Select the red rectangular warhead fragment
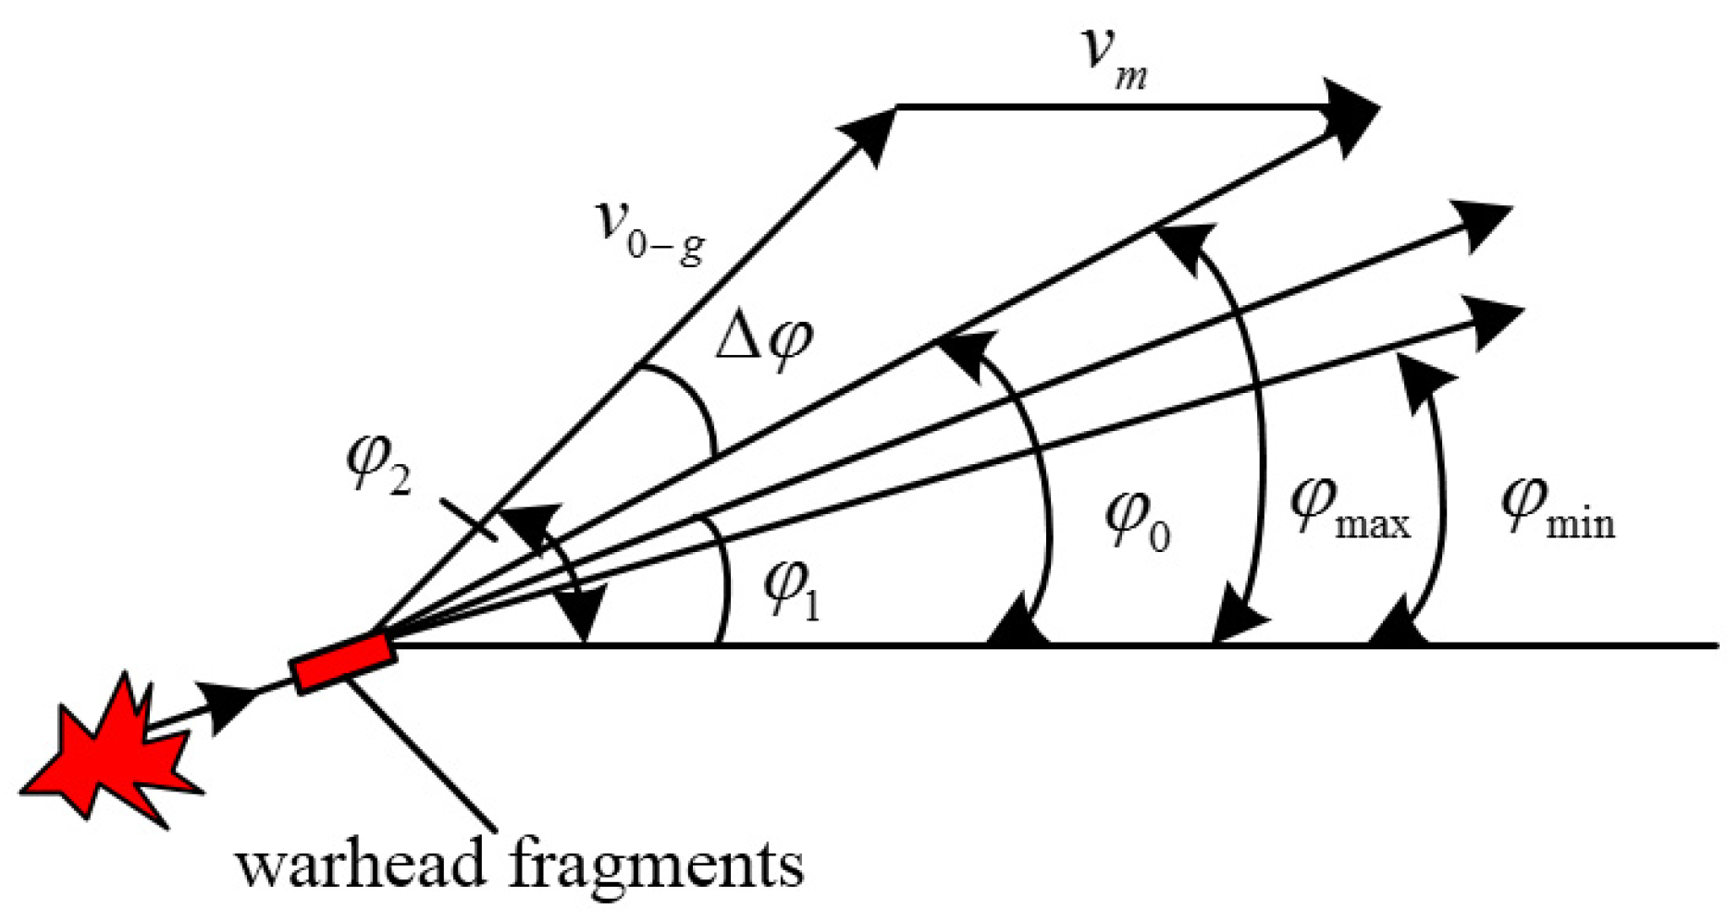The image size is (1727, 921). click(x=344, y=661)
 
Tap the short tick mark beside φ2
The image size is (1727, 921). click(x=469, y=520)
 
